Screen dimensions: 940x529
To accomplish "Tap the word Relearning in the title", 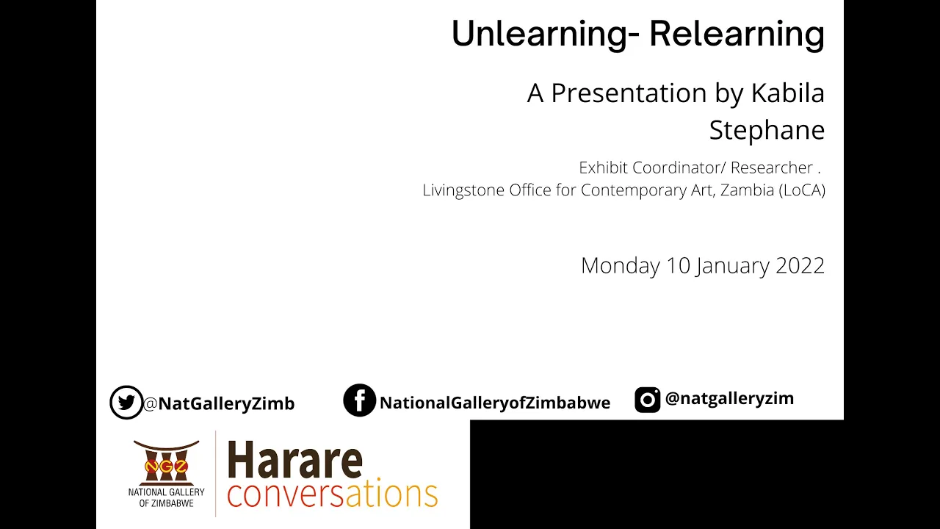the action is pyautogui.click(x=737, y=35).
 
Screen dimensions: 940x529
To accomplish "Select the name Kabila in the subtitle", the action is pyautogui.click(x=788, y=93).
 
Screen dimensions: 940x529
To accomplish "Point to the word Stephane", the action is pyautogui.click(x=767, y=130).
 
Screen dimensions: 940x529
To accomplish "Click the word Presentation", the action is pyautogui.click(x=629, y=93).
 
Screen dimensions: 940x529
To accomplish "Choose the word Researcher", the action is pyautogui.click(x=772, y=168).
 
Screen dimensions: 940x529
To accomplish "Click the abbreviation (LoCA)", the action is pyautogui.click(x=802, y=190).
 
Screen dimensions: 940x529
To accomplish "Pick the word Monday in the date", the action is pyautogui.click(x=621, y=266).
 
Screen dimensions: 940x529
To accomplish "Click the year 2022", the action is pyautogui.click(x=800, y=266).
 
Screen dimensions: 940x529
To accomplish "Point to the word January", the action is pyautogui.click(x=733, y=266).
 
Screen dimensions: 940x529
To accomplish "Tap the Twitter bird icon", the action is pyautogui.click(x=126, y=402).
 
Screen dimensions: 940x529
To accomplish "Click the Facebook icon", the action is pyautogui.click(x=359, y=400).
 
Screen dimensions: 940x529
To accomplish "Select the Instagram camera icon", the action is pyautogui.click(x=647, y=400).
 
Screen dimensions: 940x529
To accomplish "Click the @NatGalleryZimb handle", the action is pyautogui.click(x=219, y=403).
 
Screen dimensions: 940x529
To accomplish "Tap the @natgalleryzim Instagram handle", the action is pyautogui.click(x=729, y=398).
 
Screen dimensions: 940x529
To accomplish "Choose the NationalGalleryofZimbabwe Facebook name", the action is pyautogui.click(x=495, y=403).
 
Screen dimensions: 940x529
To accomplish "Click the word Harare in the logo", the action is pyautogui.click(x=295, y=460).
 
